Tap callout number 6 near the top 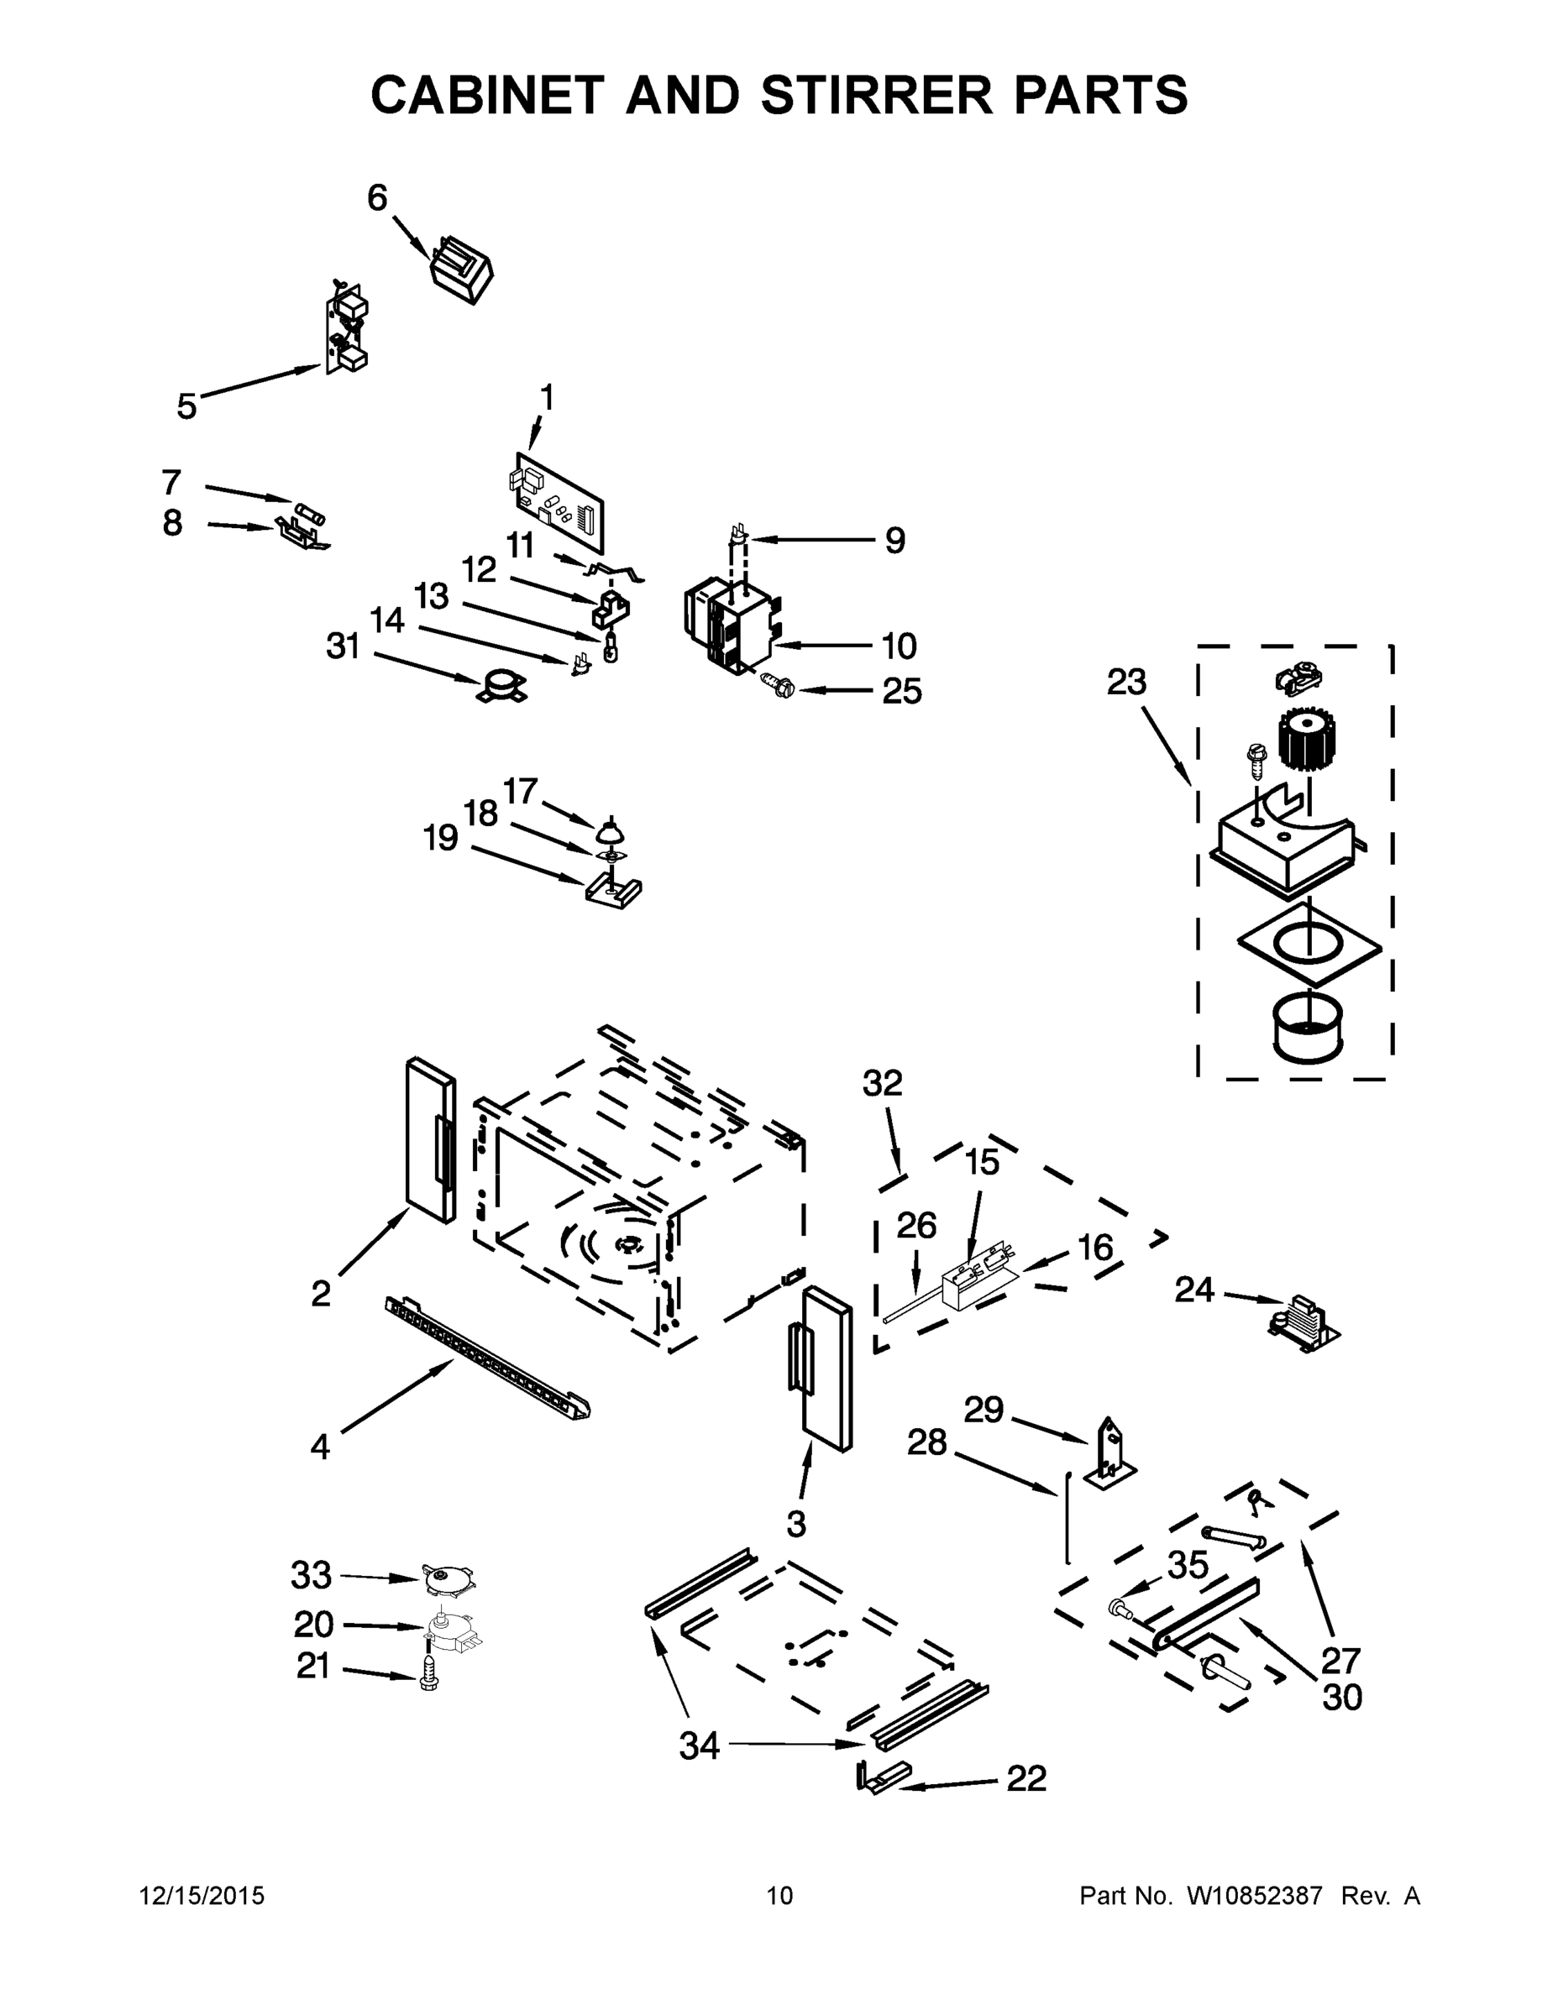(376, 198)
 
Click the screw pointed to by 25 (773, 684)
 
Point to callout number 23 (1126, 683)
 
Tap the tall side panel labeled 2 (430, 1141)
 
